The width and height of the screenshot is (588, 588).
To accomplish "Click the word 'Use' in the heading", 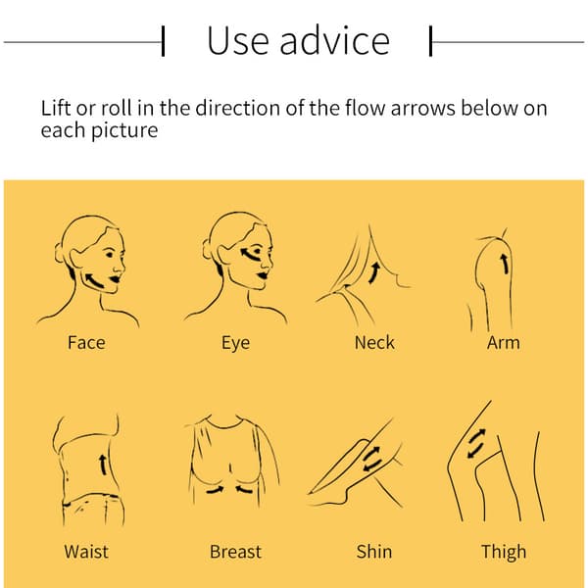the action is (x=238, y=40).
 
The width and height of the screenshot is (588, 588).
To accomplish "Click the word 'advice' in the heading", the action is (x=335, y=40).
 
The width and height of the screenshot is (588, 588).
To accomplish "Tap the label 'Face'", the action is (x=86, y=342).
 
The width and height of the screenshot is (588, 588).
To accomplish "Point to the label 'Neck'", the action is (x=374, y=342).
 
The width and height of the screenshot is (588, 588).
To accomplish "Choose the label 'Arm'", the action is (x=504, y=342).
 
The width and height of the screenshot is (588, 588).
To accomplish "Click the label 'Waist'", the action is (x=86, y=552).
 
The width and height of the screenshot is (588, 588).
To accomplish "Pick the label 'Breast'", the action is (x=235, y=552).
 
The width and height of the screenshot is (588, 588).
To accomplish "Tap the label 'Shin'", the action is (x=374, y=552).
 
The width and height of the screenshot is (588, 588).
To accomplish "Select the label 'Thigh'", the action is (x=504, y=553).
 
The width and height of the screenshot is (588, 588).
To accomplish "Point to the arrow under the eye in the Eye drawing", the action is (x=249, y=255).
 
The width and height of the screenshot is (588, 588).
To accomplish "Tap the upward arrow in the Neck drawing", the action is (x=374, y=272).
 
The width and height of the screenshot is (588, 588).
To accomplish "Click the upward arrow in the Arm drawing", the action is (x=506, y=264).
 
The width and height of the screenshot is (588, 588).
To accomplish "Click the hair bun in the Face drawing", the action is (x=59, y=253).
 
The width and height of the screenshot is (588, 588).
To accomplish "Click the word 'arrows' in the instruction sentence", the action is (x=423, y=108).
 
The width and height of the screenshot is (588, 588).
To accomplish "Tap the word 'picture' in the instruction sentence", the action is (x=124, y=131).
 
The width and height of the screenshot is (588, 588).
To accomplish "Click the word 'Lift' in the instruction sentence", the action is (x=56, y=108).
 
